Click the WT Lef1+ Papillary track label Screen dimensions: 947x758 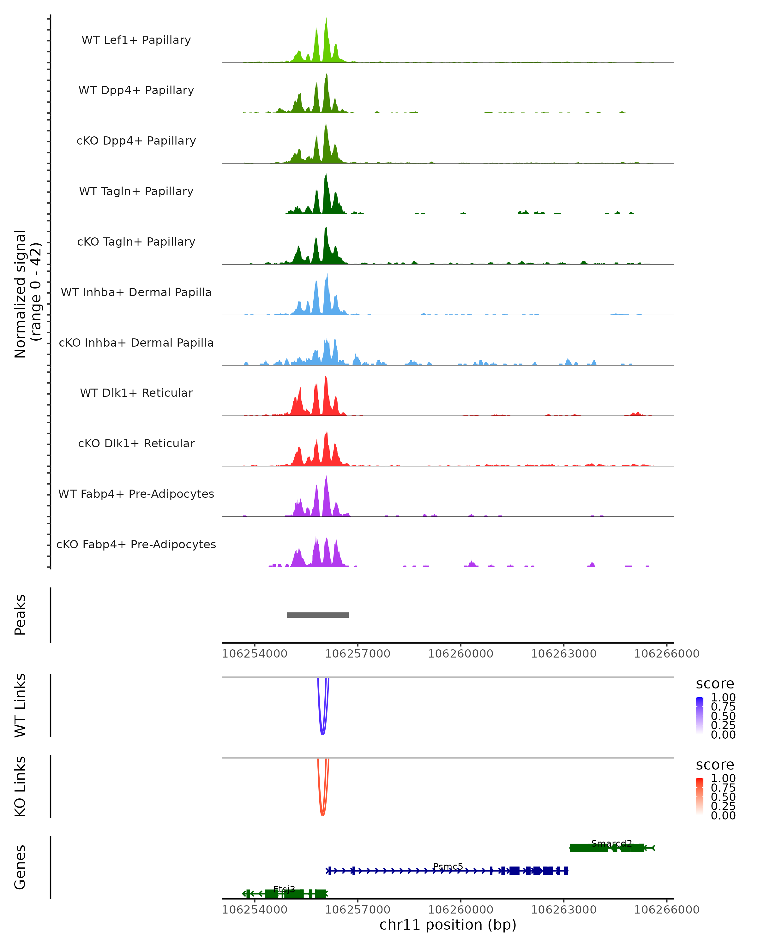pyautogui.click(x=136, y=40)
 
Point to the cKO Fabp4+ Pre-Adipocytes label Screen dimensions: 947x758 pyautogui.click(x=136, y=544)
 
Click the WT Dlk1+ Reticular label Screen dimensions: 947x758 pyautogui.click(x=136, y=393)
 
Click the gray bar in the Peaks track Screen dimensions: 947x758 pyautogui.click(x=318, y=615)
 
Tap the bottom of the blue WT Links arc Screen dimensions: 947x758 pyautogui.click(x=322, y=734)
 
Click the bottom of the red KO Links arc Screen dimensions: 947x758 pyautogui.click(x=322, y=815)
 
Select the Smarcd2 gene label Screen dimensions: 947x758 pyautogui.click(x=611, y=843)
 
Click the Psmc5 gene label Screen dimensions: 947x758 pyautogui.click(x=448, y=866)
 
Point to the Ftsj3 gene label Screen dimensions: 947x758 pyautogui.click(x=284, y=889)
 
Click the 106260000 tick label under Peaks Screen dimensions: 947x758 pyautogui.click(x=460, y=654)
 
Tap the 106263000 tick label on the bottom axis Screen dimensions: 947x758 pyautogui.click(x=563, y=910)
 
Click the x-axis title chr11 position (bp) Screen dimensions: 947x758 pyautogui.click(x=448, y=925)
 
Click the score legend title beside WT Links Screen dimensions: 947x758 pyautogui.click(x=715, y=684)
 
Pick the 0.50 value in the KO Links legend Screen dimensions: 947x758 pyautogui.click(x=723, y=797)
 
